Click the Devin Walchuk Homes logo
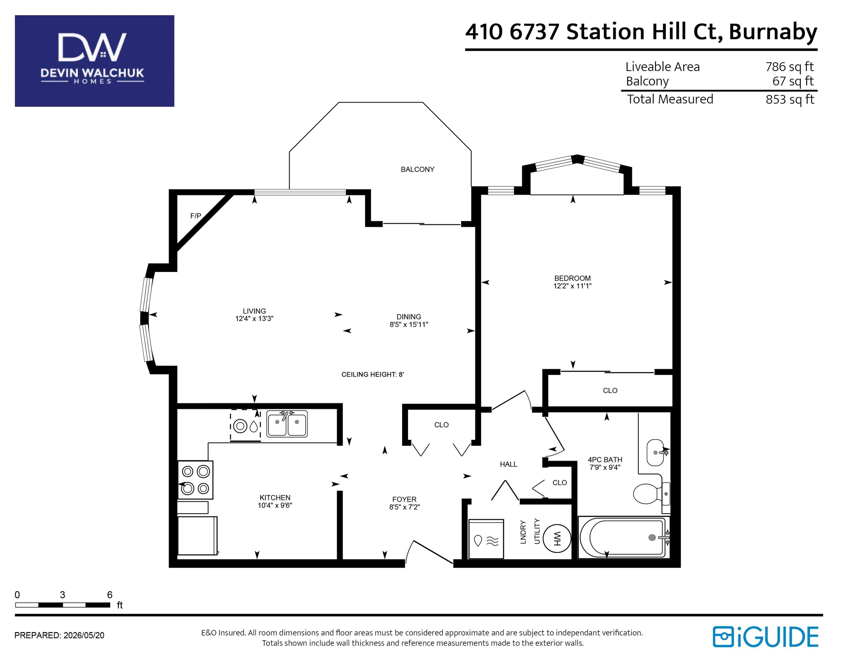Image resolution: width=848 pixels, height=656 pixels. [94, 61]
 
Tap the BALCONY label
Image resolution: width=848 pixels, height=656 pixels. [417, 169]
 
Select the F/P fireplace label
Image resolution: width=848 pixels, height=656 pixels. [196, 216]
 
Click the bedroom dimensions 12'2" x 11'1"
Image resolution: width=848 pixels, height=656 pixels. [572, 286]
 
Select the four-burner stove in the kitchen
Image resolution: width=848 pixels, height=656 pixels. [195, 480]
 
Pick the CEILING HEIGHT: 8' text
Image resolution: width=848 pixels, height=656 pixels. [373, 374]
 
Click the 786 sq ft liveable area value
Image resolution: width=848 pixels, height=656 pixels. [789, 67]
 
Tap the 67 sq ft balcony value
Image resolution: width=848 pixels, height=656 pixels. [793, 81]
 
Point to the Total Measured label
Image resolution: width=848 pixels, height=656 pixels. [670, 99]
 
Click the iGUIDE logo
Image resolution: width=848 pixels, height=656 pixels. [765, 637]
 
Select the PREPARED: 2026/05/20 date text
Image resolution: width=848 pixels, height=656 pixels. [59, 635]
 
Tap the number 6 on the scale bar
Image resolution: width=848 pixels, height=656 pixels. [110, 594]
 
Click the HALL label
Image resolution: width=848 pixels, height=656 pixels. [508, 464]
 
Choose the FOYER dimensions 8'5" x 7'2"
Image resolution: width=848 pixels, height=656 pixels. [405, 507]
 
